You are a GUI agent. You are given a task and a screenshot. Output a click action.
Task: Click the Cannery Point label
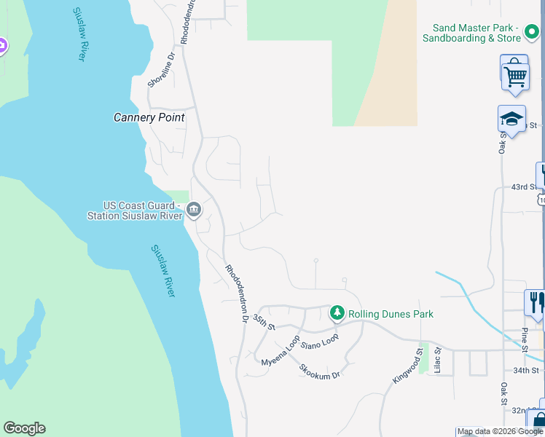[149, 117]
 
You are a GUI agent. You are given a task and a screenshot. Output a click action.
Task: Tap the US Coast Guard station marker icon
[194, 210]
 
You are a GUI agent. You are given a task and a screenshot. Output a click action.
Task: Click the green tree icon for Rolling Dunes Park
[337, 313]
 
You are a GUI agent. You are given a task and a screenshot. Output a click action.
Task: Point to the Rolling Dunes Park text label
[391, 314]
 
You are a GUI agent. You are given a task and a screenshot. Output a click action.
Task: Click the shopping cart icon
[515, 74]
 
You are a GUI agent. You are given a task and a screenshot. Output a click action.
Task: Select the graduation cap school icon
[511, 119]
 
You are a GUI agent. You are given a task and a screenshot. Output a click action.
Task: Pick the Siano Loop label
[320, 341]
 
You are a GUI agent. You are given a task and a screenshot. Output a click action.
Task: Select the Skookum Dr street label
[319, 370]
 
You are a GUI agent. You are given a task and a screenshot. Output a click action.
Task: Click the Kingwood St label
[408, 365]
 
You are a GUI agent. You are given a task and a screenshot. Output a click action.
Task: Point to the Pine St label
[525, 339]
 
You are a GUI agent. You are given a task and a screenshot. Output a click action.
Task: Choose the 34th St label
[525, 370]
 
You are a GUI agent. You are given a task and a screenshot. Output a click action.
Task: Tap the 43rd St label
[518, 187]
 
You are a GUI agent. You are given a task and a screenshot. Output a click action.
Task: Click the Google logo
[24, 428]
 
